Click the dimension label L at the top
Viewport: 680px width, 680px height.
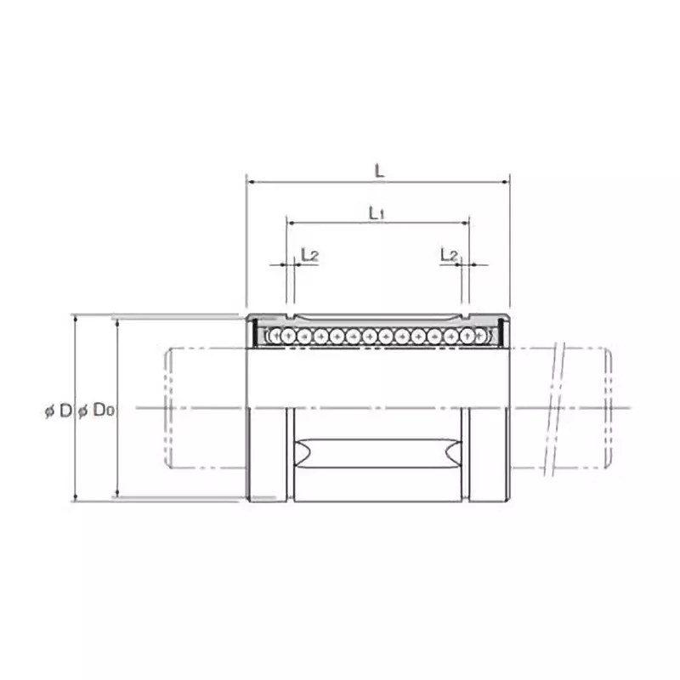click(379, 170)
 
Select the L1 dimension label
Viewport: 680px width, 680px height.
click(377, 213)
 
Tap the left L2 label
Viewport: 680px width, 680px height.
click(309, 254)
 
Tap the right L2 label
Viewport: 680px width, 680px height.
click(449, 254)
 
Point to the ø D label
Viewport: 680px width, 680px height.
click(59, 411)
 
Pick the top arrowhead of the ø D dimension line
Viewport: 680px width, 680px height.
click(76, 318)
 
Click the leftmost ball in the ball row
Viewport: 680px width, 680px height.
click(274, 337)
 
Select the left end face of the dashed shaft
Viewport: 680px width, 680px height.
click(167, 408)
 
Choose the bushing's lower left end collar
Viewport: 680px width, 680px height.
click(268, 453)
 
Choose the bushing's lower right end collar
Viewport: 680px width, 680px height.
click(488, 453)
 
